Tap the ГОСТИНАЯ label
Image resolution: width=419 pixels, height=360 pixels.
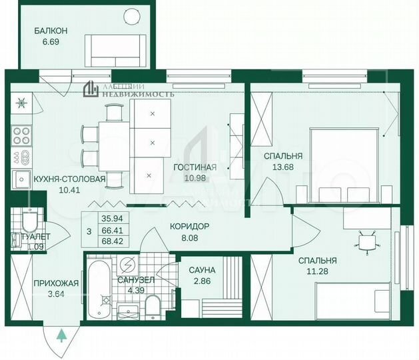coord(195,167)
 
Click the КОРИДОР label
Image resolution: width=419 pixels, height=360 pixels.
coord(190,227)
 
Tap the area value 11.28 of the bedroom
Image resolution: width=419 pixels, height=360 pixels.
coord(317,271)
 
